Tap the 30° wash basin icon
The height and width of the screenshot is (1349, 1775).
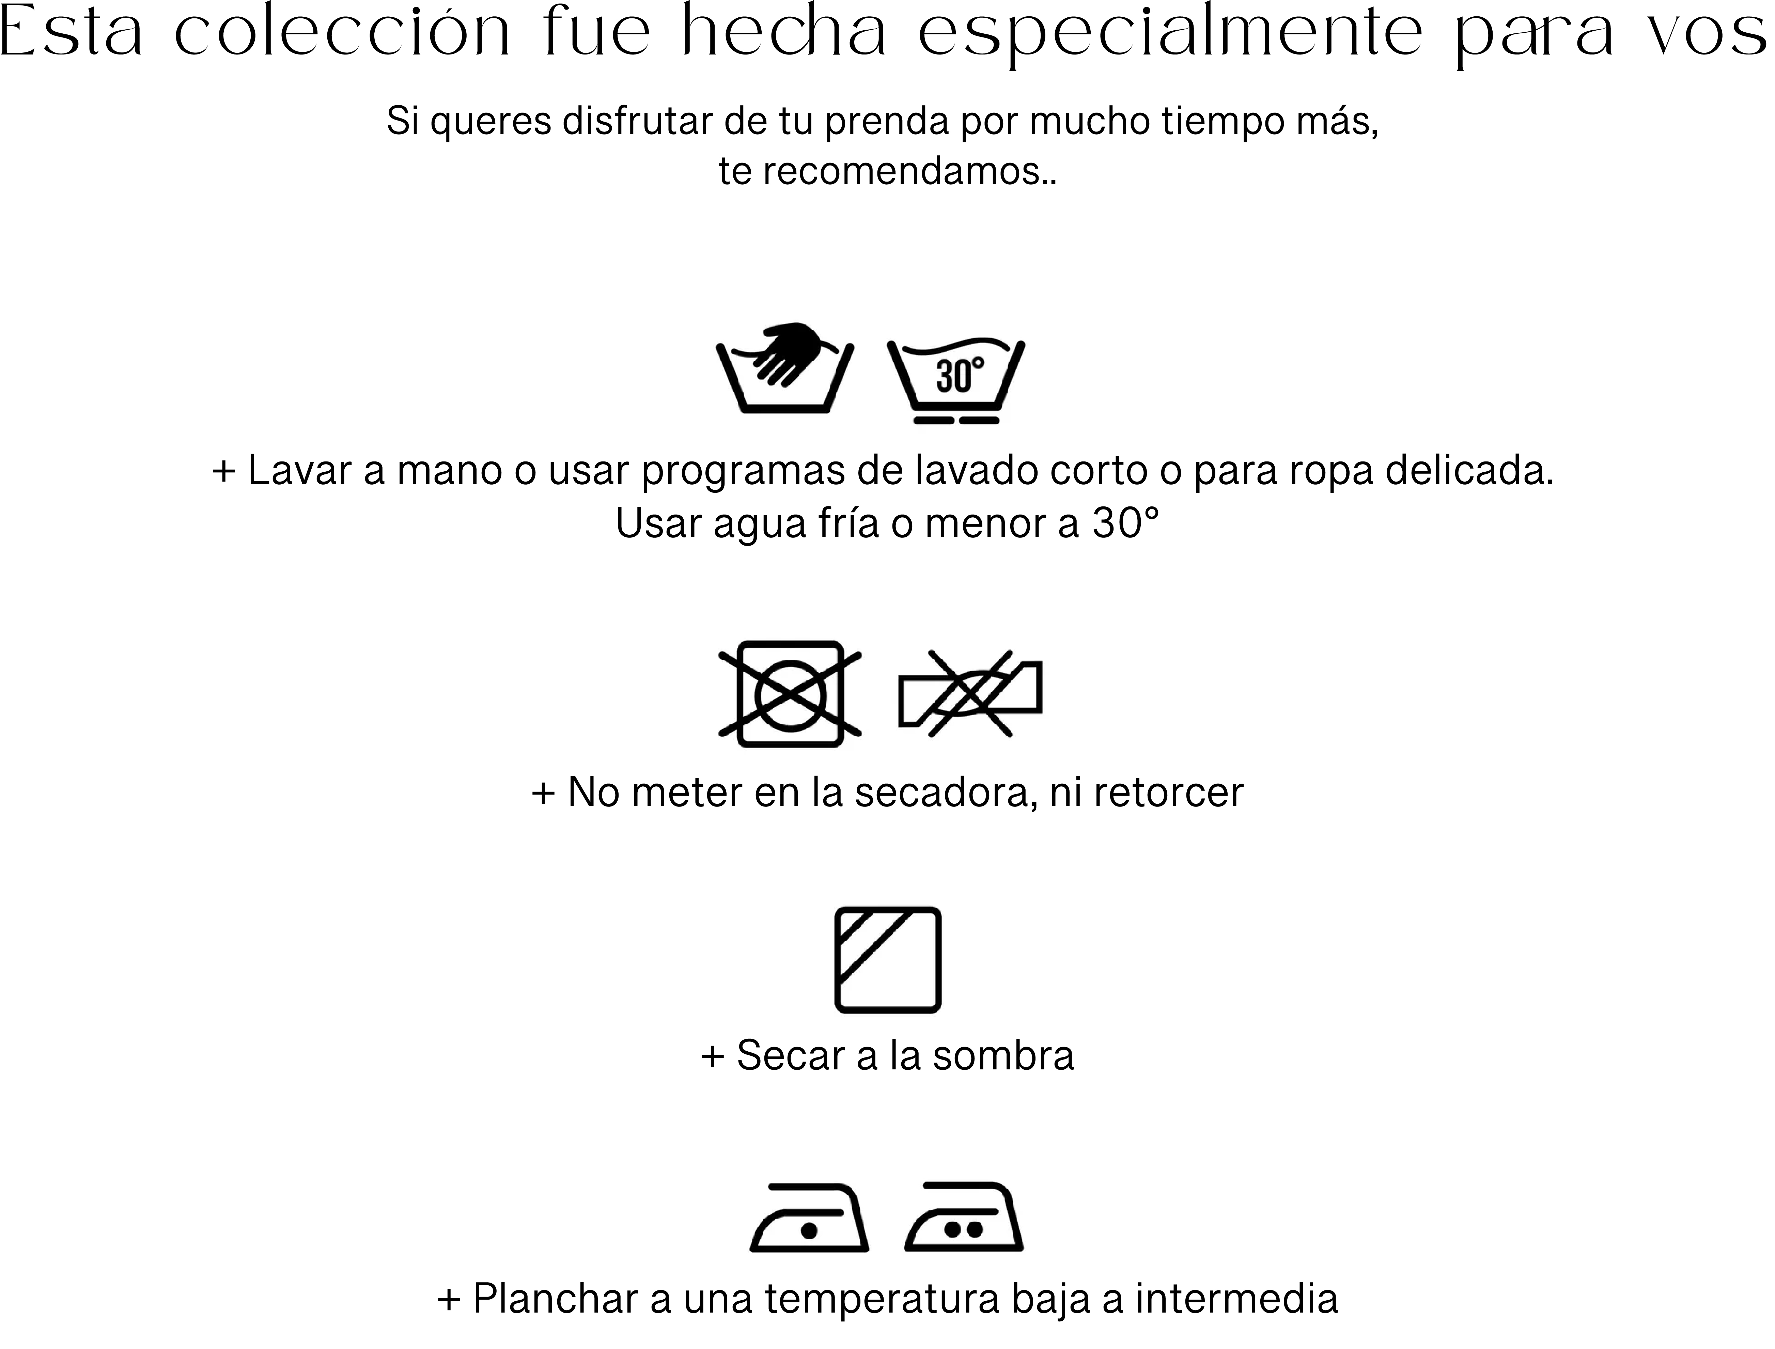pos(956,379)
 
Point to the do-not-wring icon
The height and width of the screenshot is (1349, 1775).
pos(969,693)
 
